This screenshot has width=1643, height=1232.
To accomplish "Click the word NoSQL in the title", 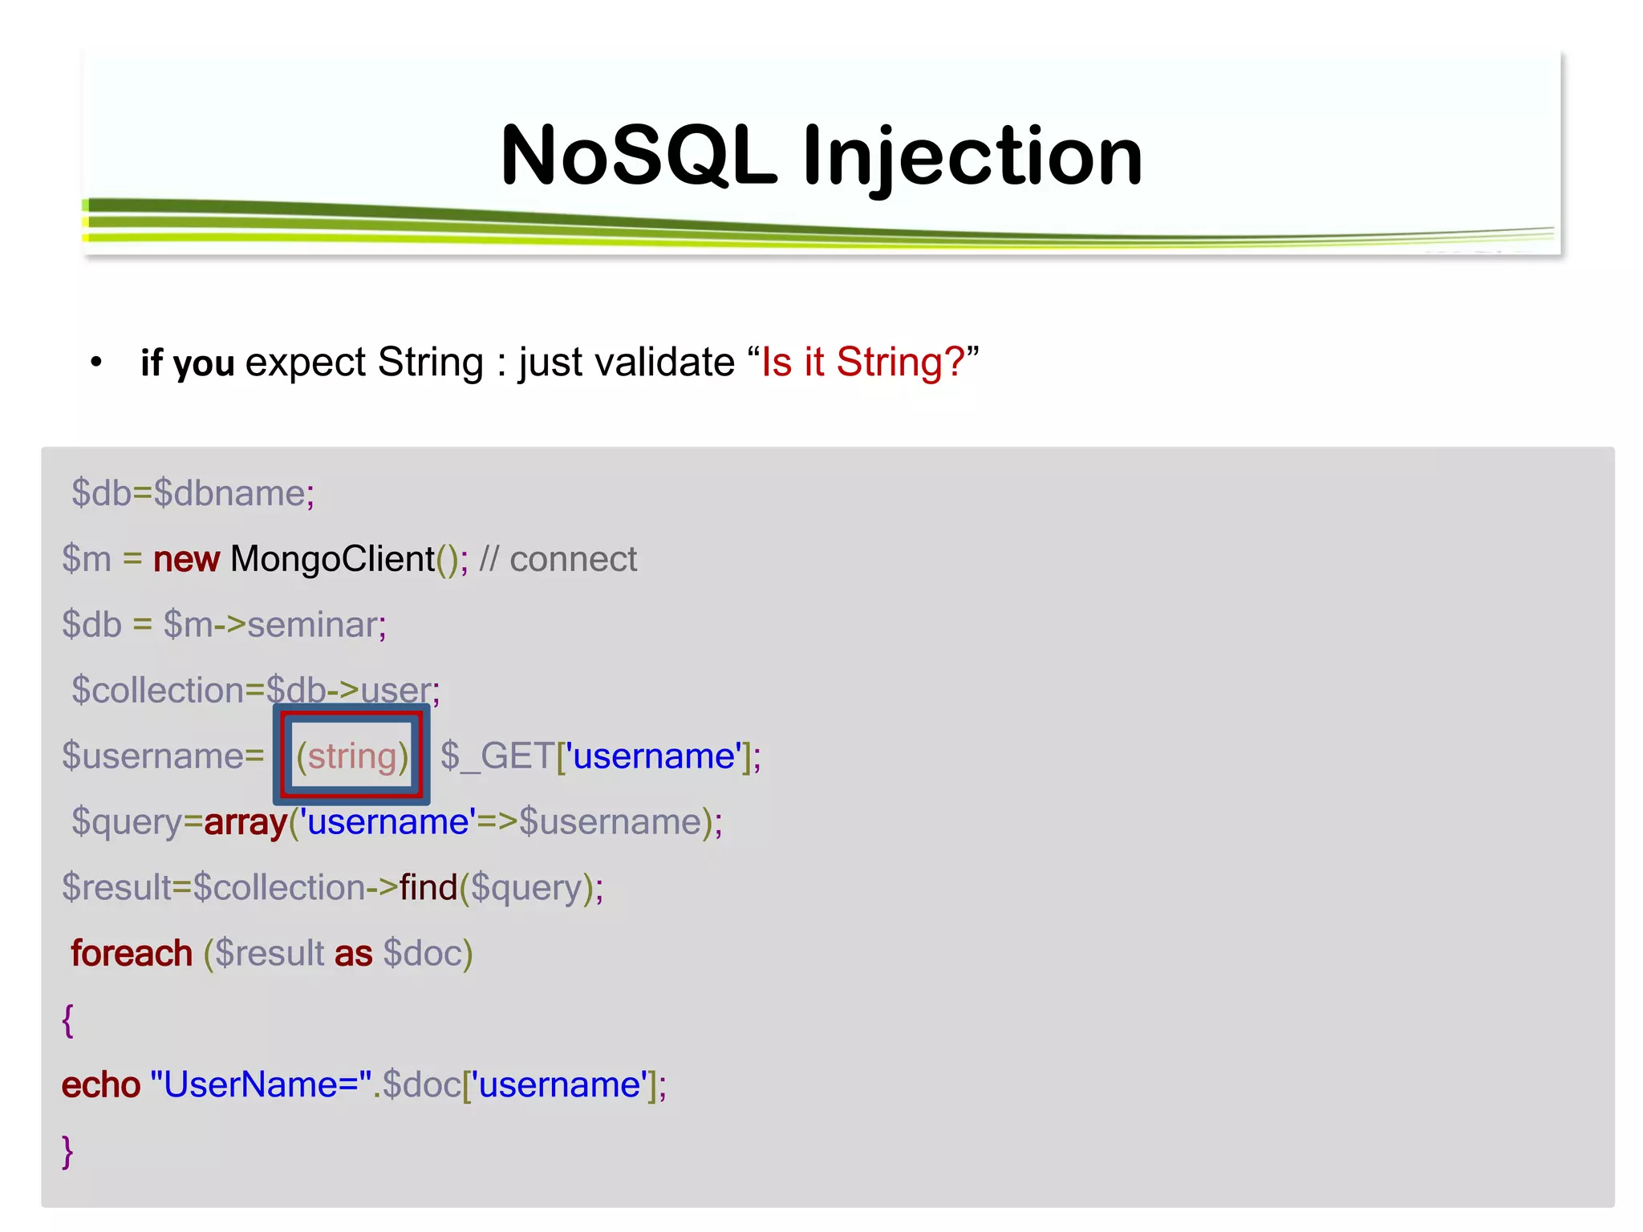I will click(638, 156).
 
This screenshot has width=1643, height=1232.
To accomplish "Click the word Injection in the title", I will click(972, 157).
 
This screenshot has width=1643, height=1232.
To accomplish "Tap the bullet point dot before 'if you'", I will click(97, 363).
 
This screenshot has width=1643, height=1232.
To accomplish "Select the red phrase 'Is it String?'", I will click(862, 362).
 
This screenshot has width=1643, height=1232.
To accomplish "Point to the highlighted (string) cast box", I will click(351, 756).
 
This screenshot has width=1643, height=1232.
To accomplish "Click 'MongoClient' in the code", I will click(332, 559).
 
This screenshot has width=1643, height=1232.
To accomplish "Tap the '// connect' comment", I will click(558, 559).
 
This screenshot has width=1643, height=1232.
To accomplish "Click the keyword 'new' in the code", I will click(186, 559).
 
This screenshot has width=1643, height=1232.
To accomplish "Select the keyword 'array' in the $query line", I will click(245, 822).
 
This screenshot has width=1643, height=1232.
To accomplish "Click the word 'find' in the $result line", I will click(428, 888).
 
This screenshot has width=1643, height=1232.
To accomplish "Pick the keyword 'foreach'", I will click(132, 954).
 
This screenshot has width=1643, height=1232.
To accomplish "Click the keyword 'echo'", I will click(101, 1085).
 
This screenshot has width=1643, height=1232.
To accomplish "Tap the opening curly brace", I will click(68, 1020).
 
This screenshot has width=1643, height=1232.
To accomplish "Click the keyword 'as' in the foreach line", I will click(353, 954).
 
